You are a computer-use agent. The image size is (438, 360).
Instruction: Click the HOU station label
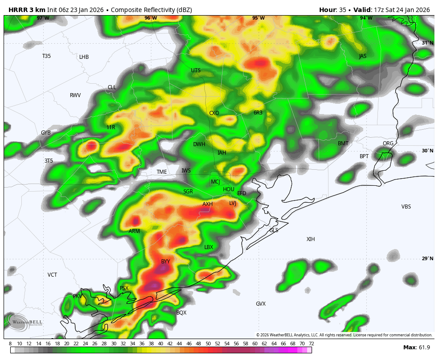[228, 189]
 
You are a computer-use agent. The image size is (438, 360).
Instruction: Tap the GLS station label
[274, 230]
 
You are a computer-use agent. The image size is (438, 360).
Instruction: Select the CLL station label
[112, 87]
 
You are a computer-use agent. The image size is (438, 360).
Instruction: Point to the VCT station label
[53, 275]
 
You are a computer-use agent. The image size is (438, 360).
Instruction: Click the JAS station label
[363, 56]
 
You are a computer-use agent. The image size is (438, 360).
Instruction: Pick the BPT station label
[364, 156]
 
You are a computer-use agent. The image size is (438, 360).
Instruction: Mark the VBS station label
[406, 207]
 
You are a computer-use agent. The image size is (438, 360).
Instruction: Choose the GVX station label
[260, 304]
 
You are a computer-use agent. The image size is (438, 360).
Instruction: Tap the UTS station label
[196, 70]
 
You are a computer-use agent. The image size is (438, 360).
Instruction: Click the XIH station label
[311, 239]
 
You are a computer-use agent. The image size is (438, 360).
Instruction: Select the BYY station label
[166, 262]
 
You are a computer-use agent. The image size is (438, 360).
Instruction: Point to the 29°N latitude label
[427, 258]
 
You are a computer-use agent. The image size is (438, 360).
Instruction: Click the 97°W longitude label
[43, 18]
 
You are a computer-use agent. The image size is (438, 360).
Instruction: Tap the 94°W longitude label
[366, 18]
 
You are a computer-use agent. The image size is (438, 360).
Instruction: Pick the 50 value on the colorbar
[208, 344]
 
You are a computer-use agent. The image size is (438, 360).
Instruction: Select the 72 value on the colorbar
[311, 344]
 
